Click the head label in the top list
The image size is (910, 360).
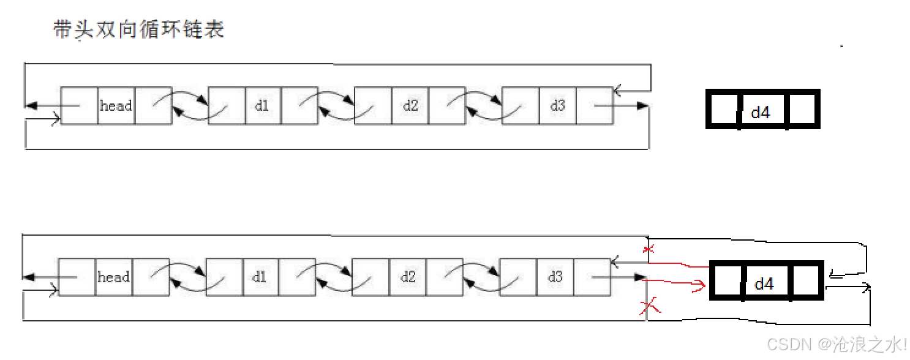coord(116,106)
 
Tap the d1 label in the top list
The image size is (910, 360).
coord(262,106)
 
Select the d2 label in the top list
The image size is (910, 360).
coord(410,106)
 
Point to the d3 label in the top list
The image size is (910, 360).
coord(557,106)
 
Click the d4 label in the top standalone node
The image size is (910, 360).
coord(761,112)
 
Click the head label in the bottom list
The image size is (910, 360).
coord(114,277)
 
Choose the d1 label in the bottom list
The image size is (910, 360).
coord(260,277)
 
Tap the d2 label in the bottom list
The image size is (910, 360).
coord(408,277)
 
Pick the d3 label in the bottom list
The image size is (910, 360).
coord(555,277)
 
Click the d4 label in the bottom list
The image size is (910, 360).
coord(764,284)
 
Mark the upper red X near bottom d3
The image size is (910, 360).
coord(649,249)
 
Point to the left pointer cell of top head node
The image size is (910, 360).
coord(80,106)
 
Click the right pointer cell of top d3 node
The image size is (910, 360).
coord(595,106)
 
